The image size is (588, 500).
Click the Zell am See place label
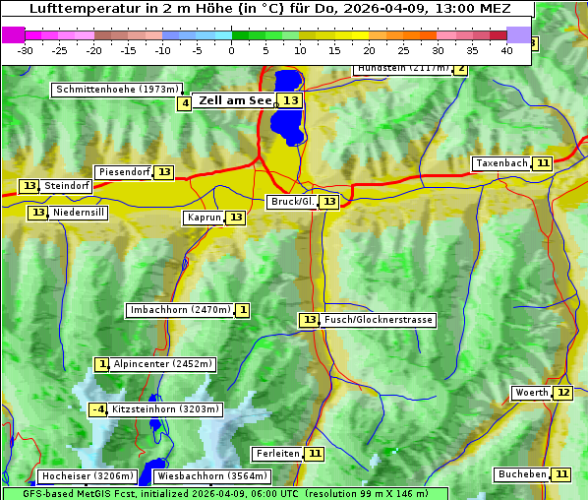(235, 100)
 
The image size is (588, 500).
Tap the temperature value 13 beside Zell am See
(291, 100)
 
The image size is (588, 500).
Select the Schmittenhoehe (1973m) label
(118, 90)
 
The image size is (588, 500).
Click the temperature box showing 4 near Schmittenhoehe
(185, 103)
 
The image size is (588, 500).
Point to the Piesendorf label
(124, 172)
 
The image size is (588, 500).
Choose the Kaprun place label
(203, 218)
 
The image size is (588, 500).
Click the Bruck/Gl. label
(291, 202)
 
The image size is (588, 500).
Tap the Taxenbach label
(501, 163)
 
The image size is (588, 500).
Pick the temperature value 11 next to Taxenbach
(543, 163)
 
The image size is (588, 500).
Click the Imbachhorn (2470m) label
(180, 310)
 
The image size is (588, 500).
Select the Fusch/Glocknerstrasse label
(379, 320)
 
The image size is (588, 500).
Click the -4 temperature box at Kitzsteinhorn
(97, 409)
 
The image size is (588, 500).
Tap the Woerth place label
(531, 393)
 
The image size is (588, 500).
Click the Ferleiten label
(276, 454)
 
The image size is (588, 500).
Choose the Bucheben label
(521, 474)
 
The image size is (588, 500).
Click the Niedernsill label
(79, 213)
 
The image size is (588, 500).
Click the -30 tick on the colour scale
(26, 50)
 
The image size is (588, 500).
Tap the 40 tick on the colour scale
(506, 50)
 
